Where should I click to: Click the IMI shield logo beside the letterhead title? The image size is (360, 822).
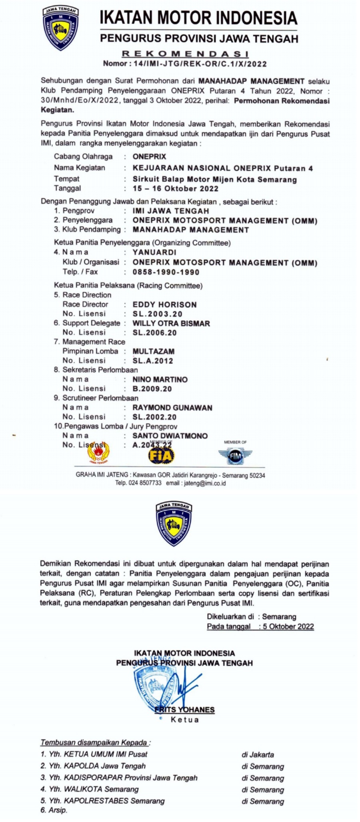tap(60, 29)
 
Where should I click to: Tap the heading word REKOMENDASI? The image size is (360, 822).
tap(185, 54)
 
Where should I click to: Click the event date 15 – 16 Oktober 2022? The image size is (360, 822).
tap(175, 189)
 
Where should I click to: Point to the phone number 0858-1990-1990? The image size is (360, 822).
tap(166, 272)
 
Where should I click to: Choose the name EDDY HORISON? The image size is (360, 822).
tap(164, 305)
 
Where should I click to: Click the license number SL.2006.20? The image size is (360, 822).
tap(154, 333)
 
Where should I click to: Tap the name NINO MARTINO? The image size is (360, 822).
tap(160, 379)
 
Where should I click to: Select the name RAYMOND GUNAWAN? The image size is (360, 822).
tap(172, 408)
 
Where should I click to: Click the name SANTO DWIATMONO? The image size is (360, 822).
tap(170, 436)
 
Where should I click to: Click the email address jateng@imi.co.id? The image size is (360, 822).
tap(204, 483)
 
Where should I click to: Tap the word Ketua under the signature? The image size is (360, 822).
tap(184, 720)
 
